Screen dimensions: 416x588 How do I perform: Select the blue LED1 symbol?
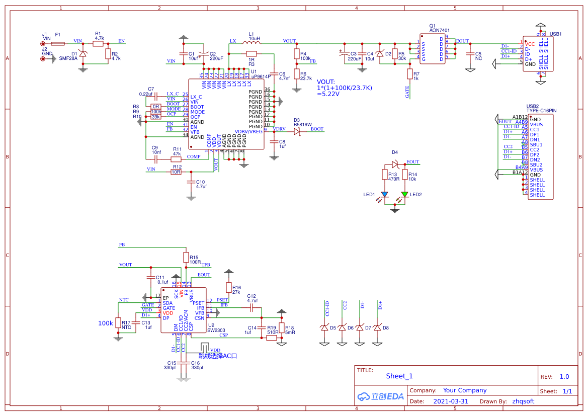(385, 194)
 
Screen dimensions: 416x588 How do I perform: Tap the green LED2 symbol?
(404, 194)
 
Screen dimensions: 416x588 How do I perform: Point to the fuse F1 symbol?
(58, 44)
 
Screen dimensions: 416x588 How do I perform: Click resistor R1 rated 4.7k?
(99, 44)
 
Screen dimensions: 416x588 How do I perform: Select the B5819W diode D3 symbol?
(297, 132)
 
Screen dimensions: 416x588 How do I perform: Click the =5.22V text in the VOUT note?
(327, 94)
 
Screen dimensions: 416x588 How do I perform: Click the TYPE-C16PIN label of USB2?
(541, 110)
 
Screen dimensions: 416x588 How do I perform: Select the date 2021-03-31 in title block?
(451, 401)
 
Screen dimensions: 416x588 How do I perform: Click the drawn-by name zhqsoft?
(523, 401)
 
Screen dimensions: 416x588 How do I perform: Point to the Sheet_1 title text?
(399, 376)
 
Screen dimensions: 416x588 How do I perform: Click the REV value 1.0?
(564, 377)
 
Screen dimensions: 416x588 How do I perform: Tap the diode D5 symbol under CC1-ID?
(324, 327)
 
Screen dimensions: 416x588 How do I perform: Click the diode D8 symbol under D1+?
(377, 327)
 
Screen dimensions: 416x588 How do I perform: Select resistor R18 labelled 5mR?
(282, 329)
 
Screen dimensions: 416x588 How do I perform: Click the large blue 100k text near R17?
(106, 323)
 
